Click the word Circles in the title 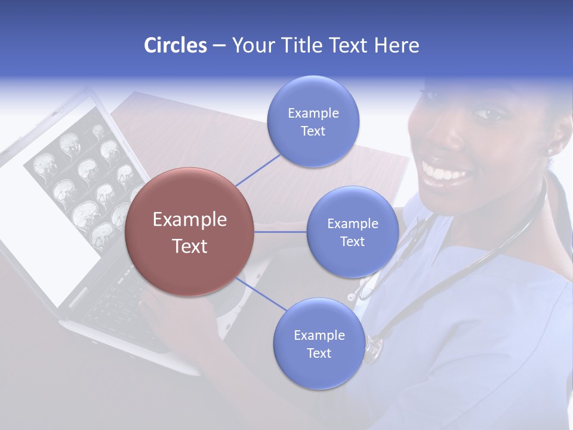pyautogui.click(x=175, y=45)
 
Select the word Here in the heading pyautogui.click(x=396, y=45)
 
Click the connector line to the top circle pyautogui.click(x=258, y=170)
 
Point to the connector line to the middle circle pyautogui.click(x=281, y=231)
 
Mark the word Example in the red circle pyautogui.click(x=190, y=220)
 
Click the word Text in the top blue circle pyautogui.click(x=313, y=131)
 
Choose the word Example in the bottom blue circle pyautogui.click(x=319, y=336)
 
